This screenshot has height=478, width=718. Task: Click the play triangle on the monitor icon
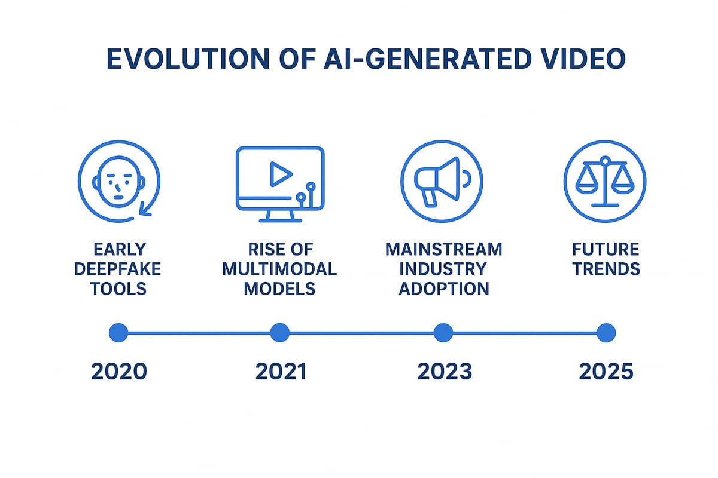tap(280, 174)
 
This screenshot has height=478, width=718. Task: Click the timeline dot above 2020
tap(118, 333)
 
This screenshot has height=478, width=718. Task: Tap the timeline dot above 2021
tap(280, 333)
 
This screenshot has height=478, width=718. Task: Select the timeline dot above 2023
tap(443, 333)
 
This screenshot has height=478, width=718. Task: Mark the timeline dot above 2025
tap(606, 333)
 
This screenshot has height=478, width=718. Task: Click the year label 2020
tap(118, 372)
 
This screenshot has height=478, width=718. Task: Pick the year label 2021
tap(280, 372)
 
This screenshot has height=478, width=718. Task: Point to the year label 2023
tap(444, 372)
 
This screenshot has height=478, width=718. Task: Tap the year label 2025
tap(606, 372)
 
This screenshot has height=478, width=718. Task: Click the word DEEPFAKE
tap(118, 269)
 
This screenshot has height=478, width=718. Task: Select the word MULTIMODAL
tap(279, 269)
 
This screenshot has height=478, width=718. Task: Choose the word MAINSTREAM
tap(443, 249)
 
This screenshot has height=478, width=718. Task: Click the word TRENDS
tap(606, 269)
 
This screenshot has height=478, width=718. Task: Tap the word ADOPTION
tap(443, 289)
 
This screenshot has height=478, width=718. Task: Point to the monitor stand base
tap(280, 220)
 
